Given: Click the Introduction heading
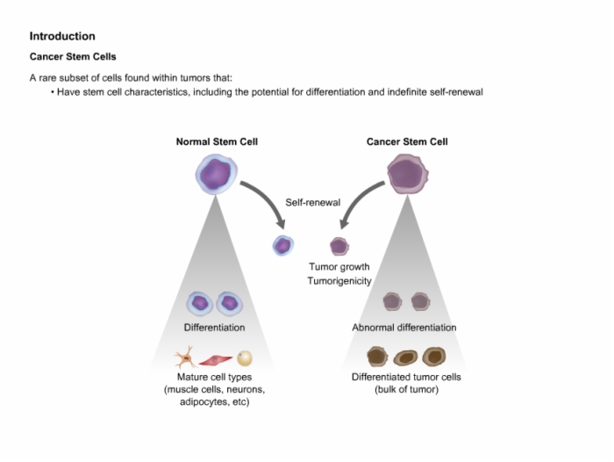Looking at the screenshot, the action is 62,36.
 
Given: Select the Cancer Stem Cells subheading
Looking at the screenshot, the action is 73,56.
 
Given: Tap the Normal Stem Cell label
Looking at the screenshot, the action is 217,141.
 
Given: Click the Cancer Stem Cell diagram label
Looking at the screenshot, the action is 407,141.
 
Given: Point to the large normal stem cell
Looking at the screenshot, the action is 216,174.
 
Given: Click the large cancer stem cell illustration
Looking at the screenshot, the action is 407,174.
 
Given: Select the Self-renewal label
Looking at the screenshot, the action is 312,202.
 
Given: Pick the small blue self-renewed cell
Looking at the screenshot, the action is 282,246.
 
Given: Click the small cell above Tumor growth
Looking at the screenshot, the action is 339,246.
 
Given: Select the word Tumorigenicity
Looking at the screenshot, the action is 339,281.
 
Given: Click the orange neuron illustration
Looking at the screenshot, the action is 186,357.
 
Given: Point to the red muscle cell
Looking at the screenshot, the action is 216,359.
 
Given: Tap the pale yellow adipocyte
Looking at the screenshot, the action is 245,358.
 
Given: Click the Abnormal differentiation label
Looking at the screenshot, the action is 404,328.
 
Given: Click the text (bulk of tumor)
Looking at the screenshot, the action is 406,389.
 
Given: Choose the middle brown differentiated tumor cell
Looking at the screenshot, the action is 405,357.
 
